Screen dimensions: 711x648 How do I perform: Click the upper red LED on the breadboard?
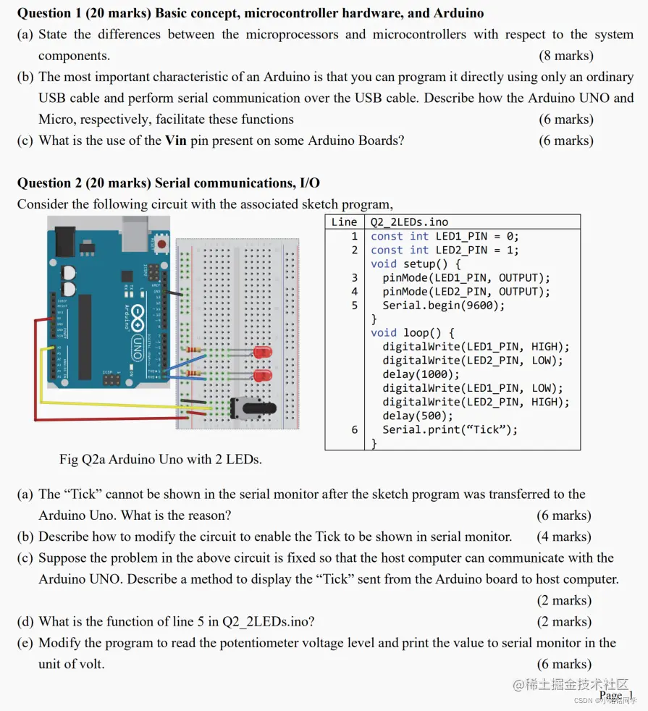[263, 353]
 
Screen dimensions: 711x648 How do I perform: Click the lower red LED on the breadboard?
[263, 375]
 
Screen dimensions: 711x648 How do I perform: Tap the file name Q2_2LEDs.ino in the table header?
[409, 222]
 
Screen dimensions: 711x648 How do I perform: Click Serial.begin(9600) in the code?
[443, 306]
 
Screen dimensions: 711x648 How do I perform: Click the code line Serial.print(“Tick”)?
[450, 429]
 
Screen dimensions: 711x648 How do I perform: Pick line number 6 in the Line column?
[354, 429]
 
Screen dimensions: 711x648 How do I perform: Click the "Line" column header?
[344, 222]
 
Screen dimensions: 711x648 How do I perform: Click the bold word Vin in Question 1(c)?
[176, 140]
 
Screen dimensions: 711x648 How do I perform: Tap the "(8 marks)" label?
[565, 56]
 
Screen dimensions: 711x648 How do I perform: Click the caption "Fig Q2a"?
[83, 459]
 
